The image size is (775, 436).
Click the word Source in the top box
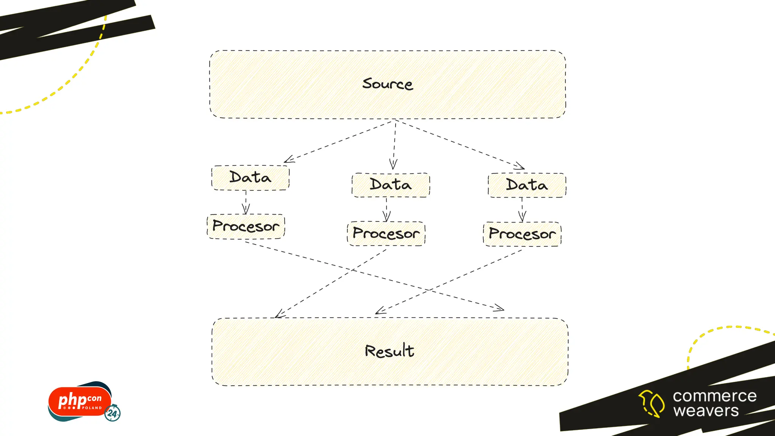coord(387,84)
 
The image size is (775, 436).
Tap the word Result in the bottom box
coord(389,351)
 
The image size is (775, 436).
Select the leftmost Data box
coord(250,178)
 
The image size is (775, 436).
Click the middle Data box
coord(391,185)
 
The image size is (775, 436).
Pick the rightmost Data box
coord(527,185)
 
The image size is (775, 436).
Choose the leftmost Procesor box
coord(246,226)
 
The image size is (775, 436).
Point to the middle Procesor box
coord(386,234)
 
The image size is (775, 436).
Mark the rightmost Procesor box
coord(522,234)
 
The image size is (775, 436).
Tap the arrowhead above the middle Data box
coord(393,165)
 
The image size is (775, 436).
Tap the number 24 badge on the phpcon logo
coord(112,413)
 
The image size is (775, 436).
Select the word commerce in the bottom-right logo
coord(714,396)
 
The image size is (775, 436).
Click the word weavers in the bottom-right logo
coord(706,411)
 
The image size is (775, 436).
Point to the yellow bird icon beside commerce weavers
coord(652,403)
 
